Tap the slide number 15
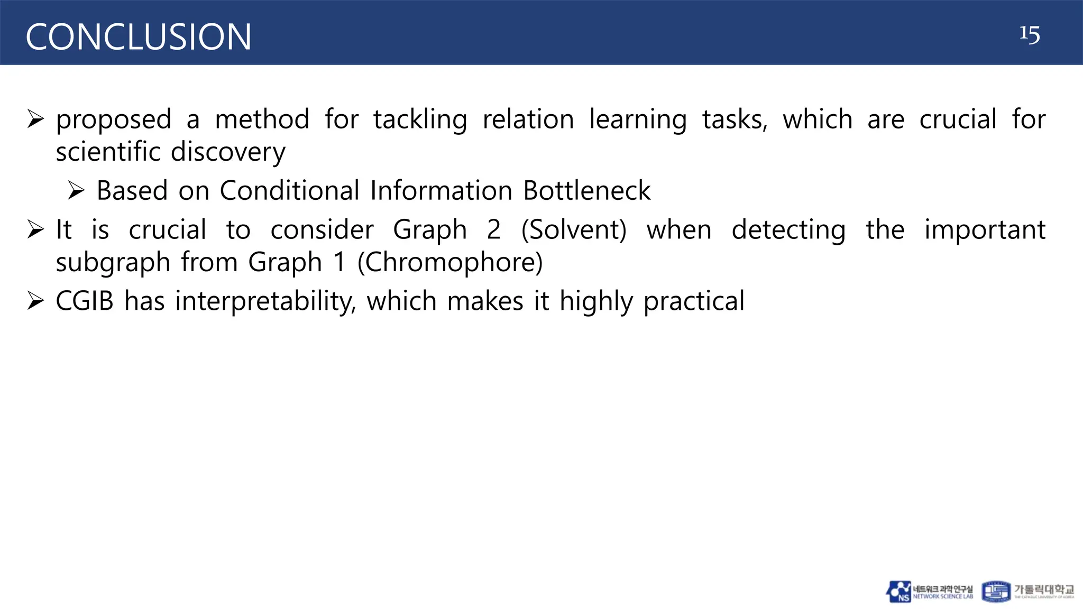pyautogui.click(x=1029, y=35)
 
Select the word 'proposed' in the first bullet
pyautogui.click(x=114, y=120)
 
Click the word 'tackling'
pyautogui.click(x=420, y=120)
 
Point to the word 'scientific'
pyautogui.click(x=108, y=152)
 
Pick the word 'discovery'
pyautogui.click(x=228, y=152)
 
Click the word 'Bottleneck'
pyautogui.click(x=586, y=191)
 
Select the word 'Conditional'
pyautogui.click(x=289, y=191)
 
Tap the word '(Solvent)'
pyautogui.click(x=574, y=230)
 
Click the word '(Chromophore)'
pyautogui.click(x=450, y=262)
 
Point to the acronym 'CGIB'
pyautogui.click(x=85, y=301)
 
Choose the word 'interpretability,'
pyautogui.click(x=265, y=301)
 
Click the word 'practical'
pyautogui.click(x=694, y=301)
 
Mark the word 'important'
pyautogui.click(x=985, y=230)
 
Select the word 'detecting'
pyautogui.click(x=788, y=230)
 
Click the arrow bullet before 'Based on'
pyautogui.click(x=77, y=191)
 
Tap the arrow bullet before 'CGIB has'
pyautogui.click(x=35, y=301)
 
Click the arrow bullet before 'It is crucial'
pyautogui.click(x=35, y=230)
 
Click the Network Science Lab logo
pyautogui.click(x=929, y=592)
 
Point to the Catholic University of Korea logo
pyautogui.click(x=1027, y=592)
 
